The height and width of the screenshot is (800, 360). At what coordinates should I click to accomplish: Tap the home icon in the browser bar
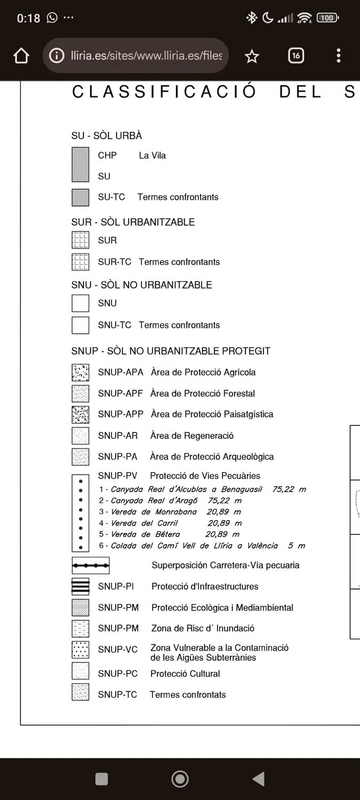21,56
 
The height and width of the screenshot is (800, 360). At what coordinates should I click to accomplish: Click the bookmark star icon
252,56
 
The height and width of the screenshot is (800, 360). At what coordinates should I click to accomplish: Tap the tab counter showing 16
296,55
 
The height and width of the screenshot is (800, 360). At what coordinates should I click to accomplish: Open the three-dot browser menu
339,55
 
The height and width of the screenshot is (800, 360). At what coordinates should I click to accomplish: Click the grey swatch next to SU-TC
81,197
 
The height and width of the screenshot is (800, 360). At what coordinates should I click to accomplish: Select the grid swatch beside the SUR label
81,241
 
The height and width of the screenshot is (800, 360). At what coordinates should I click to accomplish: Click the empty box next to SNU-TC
81,325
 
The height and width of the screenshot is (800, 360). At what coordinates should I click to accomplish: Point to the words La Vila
152,156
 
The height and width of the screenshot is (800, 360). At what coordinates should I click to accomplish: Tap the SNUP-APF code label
120,394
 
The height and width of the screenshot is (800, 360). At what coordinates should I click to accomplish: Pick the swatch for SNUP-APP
81,414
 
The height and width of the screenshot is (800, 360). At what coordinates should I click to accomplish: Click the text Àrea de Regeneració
192,436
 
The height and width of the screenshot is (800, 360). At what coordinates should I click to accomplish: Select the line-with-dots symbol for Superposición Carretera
91,565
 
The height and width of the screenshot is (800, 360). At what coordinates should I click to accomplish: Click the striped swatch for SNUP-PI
81,587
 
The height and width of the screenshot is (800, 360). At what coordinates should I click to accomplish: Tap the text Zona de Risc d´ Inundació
203,629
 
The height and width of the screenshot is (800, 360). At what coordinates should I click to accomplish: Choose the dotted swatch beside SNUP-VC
81,650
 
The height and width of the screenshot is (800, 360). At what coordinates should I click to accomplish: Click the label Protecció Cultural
185,674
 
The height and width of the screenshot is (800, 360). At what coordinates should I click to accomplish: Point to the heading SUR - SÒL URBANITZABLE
133,222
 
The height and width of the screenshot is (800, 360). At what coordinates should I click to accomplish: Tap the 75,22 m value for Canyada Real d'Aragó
225,501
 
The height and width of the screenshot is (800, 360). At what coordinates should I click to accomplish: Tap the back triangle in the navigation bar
259,779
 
